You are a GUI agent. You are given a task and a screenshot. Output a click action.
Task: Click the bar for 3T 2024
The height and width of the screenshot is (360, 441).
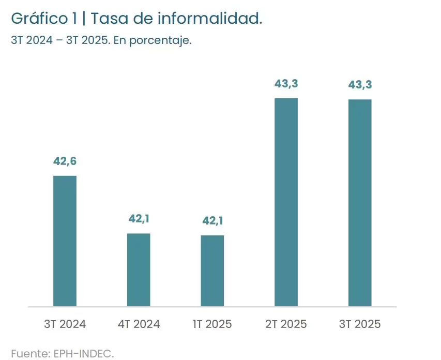click(65, 241)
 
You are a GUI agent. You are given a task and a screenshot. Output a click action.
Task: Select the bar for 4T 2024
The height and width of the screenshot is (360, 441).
click(139, 270)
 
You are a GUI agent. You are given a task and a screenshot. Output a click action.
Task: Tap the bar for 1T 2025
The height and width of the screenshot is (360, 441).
click(212, 271)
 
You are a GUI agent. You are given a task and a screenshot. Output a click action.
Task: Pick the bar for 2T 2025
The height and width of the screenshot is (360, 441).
click(286, 202)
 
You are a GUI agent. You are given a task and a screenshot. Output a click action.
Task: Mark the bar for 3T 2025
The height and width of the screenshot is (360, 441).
click(360, 203)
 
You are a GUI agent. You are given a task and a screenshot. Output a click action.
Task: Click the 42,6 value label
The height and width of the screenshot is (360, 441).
click(65, 161)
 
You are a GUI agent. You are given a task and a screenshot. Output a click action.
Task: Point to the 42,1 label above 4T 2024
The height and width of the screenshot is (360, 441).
click(139, 219)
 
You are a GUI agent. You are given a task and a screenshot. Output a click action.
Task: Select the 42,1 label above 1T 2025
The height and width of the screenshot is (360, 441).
click(212, 221)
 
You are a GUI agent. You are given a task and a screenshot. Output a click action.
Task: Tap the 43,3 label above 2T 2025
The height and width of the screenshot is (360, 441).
click(286, 83)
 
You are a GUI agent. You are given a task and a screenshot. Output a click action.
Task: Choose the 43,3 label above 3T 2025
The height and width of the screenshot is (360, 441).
click(360, 85)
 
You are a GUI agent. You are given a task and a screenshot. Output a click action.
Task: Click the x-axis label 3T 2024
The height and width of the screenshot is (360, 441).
click(65, 324)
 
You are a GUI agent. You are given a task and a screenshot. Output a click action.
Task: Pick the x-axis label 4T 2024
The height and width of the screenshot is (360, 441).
click(139, 324)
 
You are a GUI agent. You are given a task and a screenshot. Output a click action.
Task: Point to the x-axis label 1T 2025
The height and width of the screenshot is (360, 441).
click(212, 324)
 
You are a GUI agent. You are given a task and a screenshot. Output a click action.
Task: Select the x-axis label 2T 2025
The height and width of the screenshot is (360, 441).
click(286, 324)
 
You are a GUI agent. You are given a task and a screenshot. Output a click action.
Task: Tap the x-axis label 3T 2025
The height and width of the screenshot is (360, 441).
click(360, 324)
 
